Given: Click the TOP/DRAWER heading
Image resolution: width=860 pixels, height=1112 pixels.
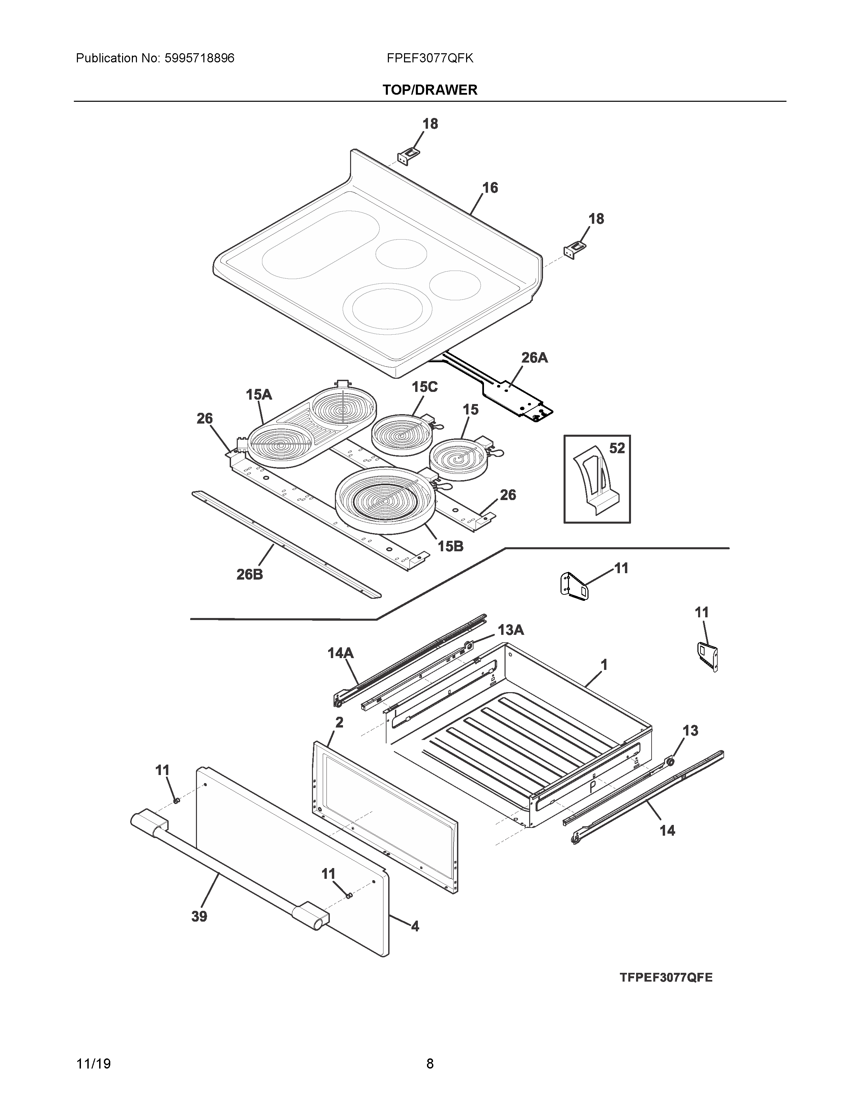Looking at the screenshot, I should tap(430, 90).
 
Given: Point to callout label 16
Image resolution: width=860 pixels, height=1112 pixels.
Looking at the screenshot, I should tap(490, 188).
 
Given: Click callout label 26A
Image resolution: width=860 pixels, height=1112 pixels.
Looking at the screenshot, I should tap(535, 358).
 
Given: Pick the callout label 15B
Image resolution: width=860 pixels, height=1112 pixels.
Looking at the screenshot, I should tap(450, 546).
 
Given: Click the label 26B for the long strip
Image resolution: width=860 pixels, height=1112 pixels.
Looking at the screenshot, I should tap(250, 574).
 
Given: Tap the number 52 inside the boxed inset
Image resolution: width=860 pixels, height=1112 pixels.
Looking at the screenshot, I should tap(617, 448).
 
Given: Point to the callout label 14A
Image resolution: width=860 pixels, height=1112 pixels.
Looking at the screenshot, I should tap(340, 653).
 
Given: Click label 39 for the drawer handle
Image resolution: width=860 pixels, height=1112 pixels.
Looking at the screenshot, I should tap(199, 917).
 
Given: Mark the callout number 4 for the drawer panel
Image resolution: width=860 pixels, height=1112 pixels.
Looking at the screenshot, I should tap(415, 926).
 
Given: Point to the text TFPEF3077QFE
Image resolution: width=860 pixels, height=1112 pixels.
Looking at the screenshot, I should tap(666, 977).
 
